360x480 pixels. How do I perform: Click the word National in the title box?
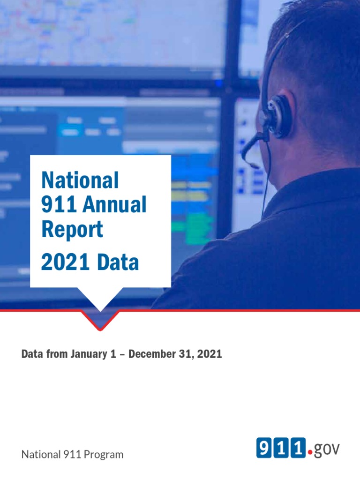click(80, 181)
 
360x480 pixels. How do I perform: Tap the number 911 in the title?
click(57, 205)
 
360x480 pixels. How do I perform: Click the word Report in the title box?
click(72, 230)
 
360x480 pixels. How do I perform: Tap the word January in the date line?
click(86, 354)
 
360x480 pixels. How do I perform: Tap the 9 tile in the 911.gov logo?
click(263, 448)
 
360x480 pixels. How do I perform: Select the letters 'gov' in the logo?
click(326, 449)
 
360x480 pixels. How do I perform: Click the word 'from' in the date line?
click(57, 354)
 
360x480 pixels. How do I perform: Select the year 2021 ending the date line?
click(210, 354)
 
